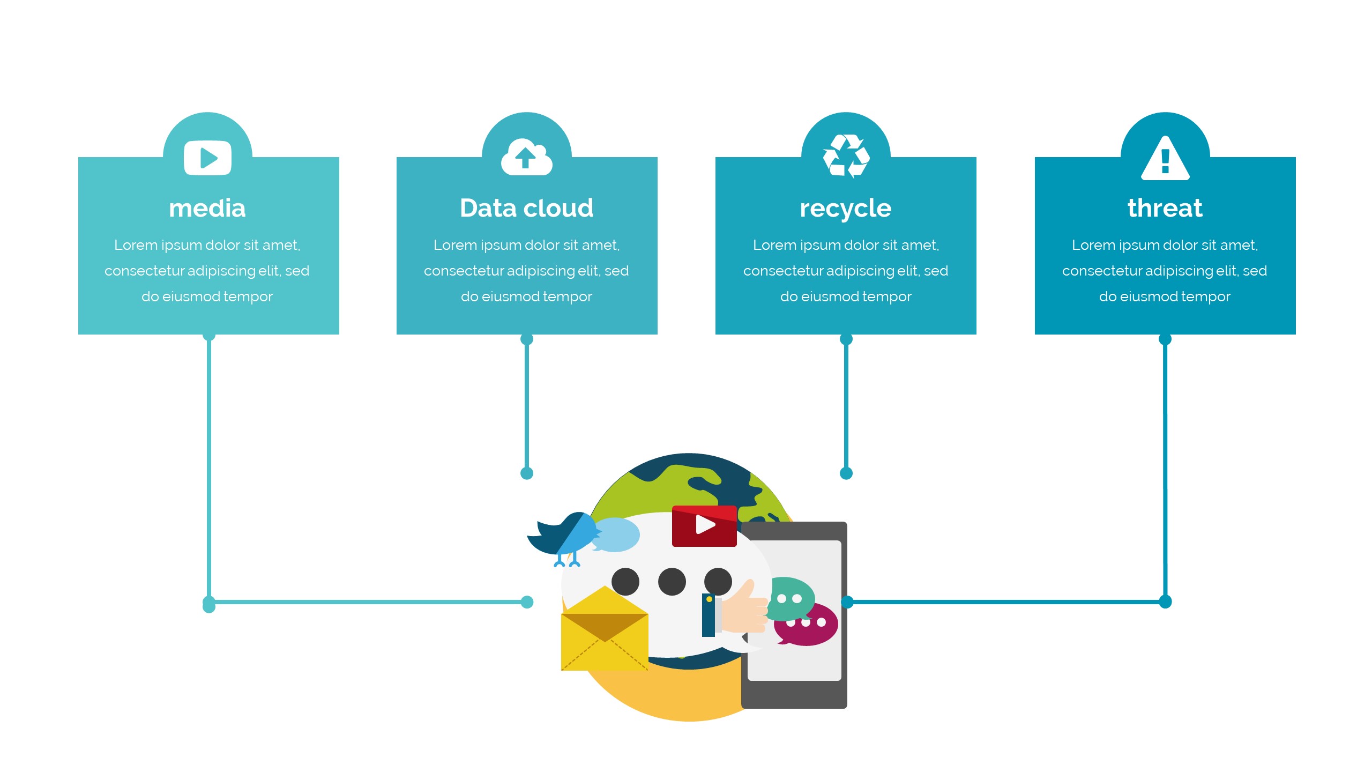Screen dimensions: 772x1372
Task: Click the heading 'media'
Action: point(207,208)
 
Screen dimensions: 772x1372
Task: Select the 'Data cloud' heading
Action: point(526,208)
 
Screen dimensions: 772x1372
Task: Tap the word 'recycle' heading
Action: point(845,208)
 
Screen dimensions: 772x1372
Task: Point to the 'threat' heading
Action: point(1165,208)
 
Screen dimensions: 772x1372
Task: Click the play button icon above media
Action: point(207,158)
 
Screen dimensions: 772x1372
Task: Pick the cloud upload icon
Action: point(526,158)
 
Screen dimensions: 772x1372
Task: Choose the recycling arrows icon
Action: point(846,156)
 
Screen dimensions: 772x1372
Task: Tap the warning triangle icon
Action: point(1165,159)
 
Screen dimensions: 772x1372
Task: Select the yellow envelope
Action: point(605,633)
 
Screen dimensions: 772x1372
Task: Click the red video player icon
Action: point(704,525)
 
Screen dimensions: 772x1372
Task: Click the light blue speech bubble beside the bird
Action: point(617,534)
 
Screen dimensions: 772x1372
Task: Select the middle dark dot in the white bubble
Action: point(672,582)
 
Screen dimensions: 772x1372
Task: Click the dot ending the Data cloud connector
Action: point(527,473)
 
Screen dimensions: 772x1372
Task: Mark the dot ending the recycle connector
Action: point(846,473)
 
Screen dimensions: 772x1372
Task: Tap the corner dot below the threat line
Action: point(1165,602)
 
